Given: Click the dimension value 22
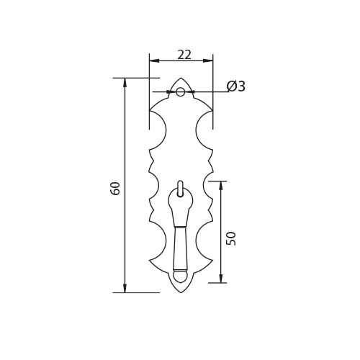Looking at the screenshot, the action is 184,55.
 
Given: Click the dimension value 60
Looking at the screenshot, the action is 115,189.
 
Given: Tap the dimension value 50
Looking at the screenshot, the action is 232,238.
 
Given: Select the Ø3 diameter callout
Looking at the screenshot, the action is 236,86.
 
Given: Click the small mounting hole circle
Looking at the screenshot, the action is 181,91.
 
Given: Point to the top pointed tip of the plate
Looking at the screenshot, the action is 181,78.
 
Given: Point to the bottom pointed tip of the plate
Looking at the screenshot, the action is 181,293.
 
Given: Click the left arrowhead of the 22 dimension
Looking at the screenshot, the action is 154,60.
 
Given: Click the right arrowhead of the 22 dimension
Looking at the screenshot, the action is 208,60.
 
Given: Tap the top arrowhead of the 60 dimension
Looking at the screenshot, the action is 125,83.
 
